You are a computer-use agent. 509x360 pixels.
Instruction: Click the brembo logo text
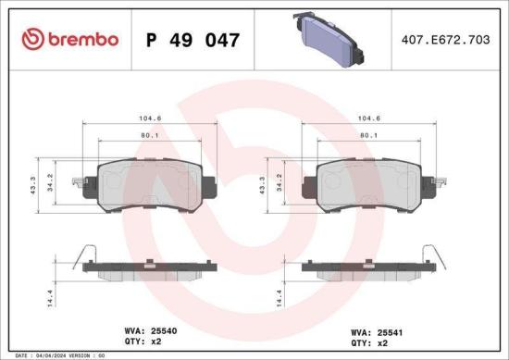pos(79,39)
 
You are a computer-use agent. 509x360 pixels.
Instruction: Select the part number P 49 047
pos(193,40)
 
